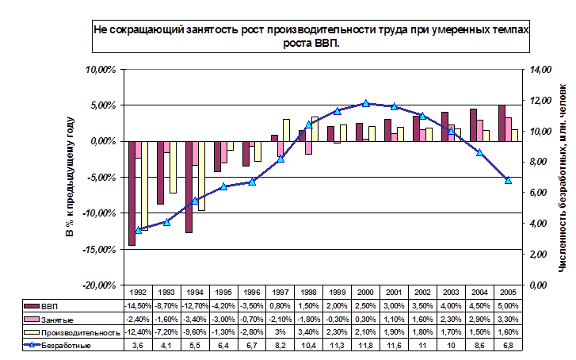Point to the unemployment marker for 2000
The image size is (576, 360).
tap(365, 103)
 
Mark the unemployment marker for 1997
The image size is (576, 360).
tap(280, 159)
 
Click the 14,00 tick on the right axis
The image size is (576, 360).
tap(540, 70)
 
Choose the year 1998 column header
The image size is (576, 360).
tap(308, 292)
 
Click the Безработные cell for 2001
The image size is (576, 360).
tap(394, 346)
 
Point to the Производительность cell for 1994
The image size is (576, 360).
tap(195, 332)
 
